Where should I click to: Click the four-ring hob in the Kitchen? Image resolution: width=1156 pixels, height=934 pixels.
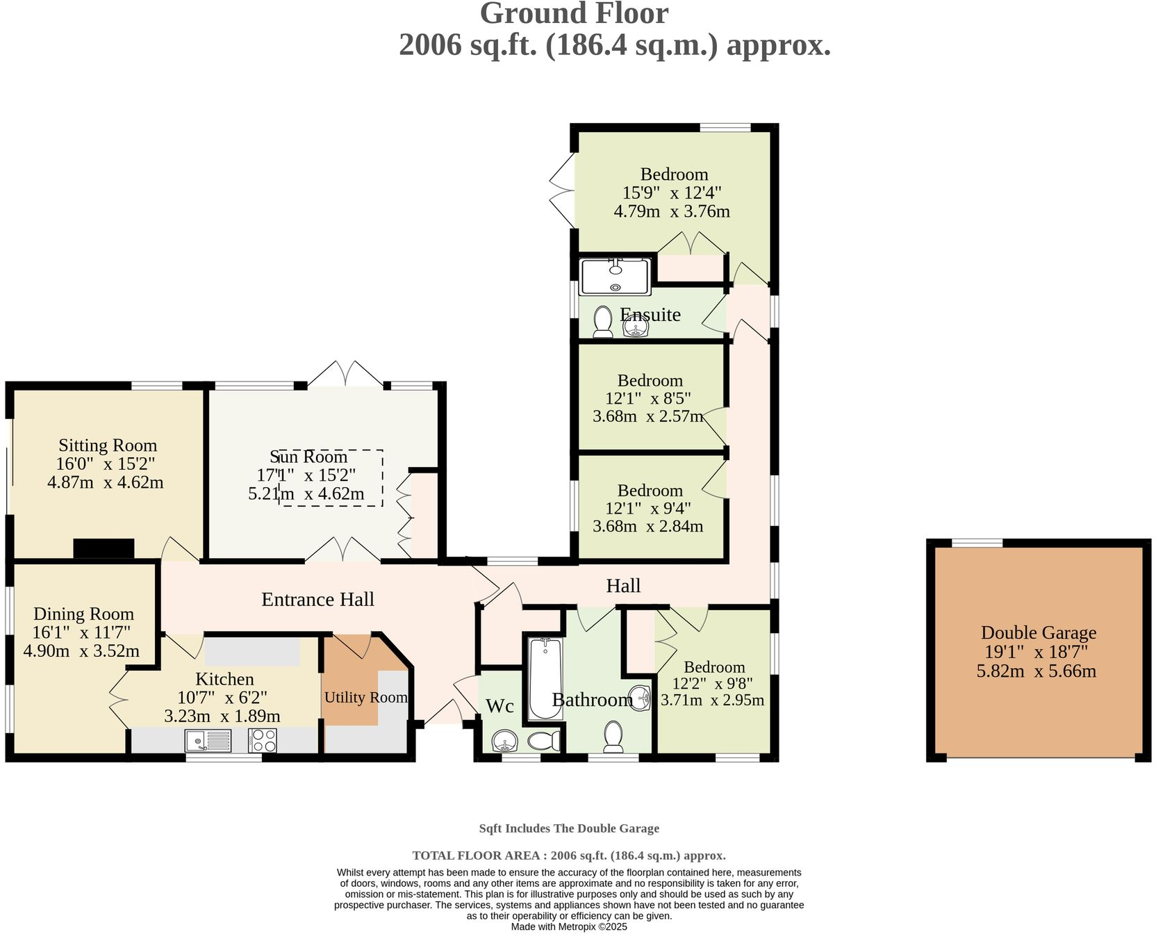[263, 740]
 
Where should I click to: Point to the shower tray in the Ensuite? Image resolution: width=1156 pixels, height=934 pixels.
[615, 277]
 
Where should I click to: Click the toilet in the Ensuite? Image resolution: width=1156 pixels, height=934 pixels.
[603, 322]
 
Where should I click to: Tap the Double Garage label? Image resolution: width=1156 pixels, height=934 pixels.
[1038, 632]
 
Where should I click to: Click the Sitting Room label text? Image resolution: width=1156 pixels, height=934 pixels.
[108, 445]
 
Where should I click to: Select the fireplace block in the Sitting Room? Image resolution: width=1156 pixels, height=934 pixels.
[104, 548]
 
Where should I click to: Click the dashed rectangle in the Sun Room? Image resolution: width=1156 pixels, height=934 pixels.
[331, 477]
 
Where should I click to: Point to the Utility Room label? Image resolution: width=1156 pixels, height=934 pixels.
[365, 697]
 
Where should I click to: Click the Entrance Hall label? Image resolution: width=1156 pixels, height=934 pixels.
[317, 599]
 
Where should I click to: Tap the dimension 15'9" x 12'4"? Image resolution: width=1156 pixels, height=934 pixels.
[671, 192]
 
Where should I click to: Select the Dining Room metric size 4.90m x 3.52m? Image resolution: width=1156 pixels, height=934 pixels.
[81, 651]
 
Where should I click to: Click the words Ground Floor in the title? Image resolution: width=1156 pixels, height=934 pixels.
[574, 14]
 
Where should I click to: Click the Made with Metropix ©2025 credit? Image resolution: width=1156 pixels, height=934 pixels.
[569, 926]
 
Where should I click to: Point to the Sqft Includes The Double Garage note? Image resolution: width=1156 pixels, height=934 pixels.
[569, 828]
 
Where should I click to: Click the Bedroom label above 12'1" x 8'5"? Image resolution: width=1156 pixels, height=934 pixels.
[650, 381]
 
